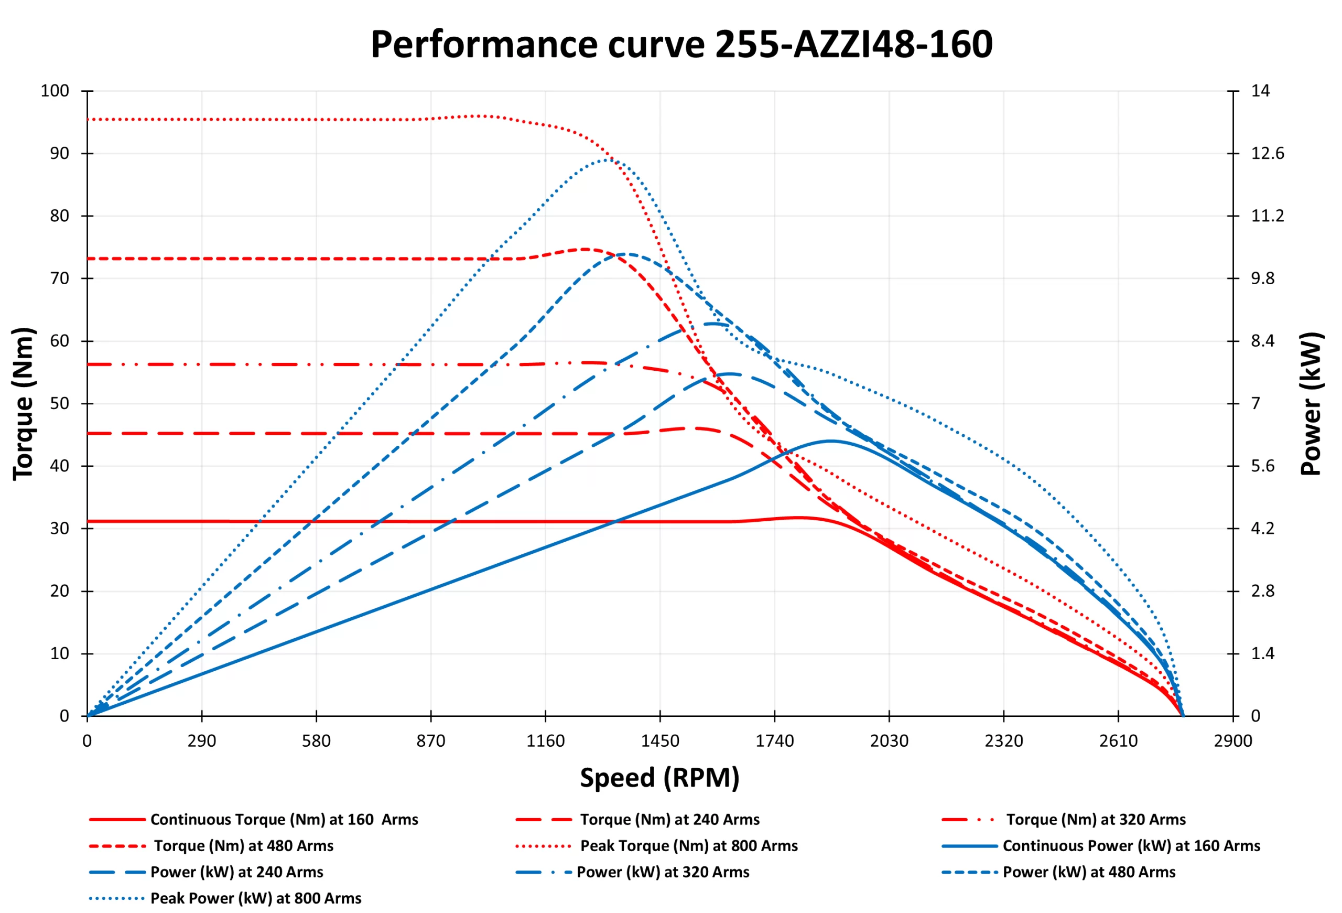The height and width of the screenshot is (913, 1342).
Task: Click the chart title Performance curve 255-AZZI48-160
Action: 681,45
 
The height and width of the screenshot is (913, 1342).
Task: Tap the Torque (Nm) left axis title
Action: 24,404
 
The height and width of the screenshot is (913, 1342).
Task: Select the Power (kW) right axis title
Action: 1311,404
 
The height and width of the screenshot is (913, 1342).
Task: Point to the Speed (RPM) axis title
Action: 659,777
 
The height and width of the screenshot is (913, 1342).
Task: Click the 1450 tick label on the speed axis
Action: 660,741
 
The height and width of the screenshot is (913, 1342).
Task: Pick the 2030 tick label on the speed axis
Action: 889,741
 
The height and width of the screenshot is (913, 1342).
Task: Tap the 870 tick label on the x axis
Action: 431,741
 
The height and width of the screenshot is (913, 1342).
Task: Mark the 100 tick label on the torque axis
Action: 55,91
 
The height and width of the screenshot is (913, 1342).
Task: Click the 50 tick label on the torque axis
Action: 59,404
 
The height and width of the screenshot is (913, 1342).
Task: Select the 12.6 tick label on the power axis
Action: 1268,154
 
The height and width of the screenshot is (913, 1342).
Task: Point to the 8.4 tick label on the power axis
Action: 1263,341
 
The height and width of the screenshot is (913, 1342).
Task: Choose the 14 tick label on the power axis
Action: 1261,91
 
